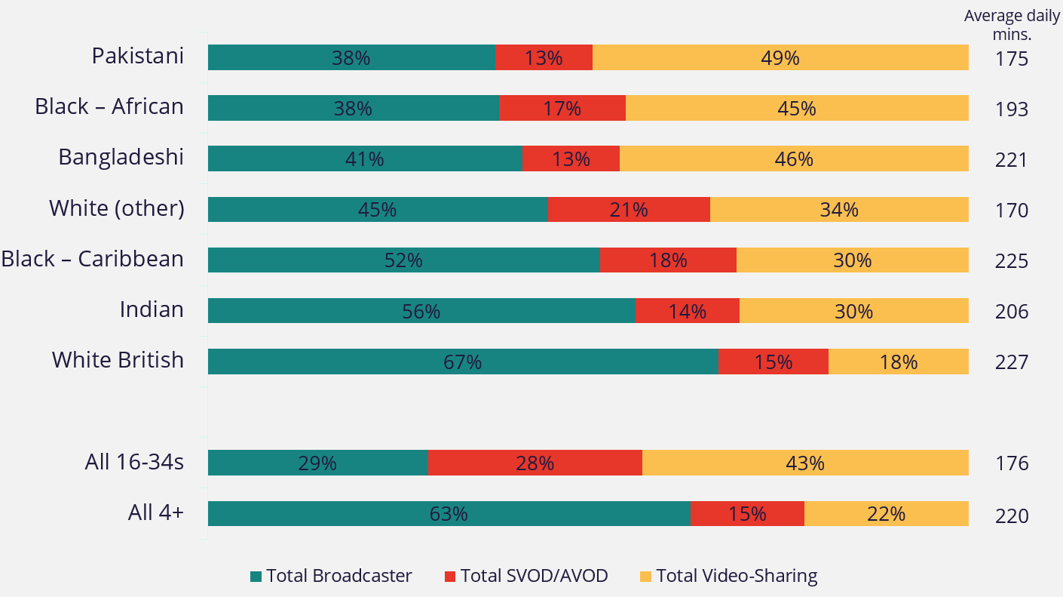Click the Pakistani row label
[137, 57]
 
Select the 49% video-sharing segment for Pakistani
[780, 57]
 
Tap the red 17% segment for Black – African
[562, 108]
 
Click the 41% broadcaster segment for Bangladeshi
[365, 158]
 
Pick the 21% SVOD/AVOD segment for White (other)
[629, 209]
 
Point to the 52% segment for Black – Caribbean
[403, 260]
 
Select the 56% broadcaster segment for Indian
[421, 311]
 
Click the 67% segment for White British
[463, 362]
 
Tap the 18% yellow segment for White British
[898, 362]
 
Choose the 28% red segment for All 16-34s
[535, 463]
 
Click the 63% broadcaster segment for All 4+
[449, 514]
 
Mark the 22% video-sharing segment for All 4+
[886, 514]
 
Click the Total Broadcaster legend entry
[331, 577]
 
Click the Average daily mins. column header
[1011, 24]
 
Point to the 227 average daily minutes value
[1011, 362]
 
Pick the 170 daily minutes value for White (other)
[1011, 210]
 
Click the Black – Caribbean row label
[92, 259]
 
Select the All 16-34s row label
[134, 462]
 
